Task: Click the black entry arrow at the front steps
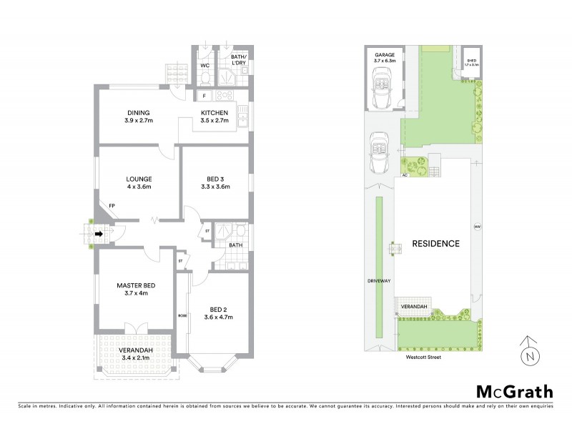click(x=99, y=232)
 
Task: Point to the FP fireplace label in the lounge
click(x=112, y=207)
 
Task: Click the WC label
click(x=204, y=66)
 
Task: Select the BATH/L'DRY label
click(x=238, y=61)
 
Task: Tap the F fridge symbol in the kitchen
click(x=204, y=95)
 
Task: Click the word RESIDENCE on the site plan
click(x=435, y=244)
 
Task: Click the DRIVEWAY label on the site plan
click(x=380, y=281)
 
